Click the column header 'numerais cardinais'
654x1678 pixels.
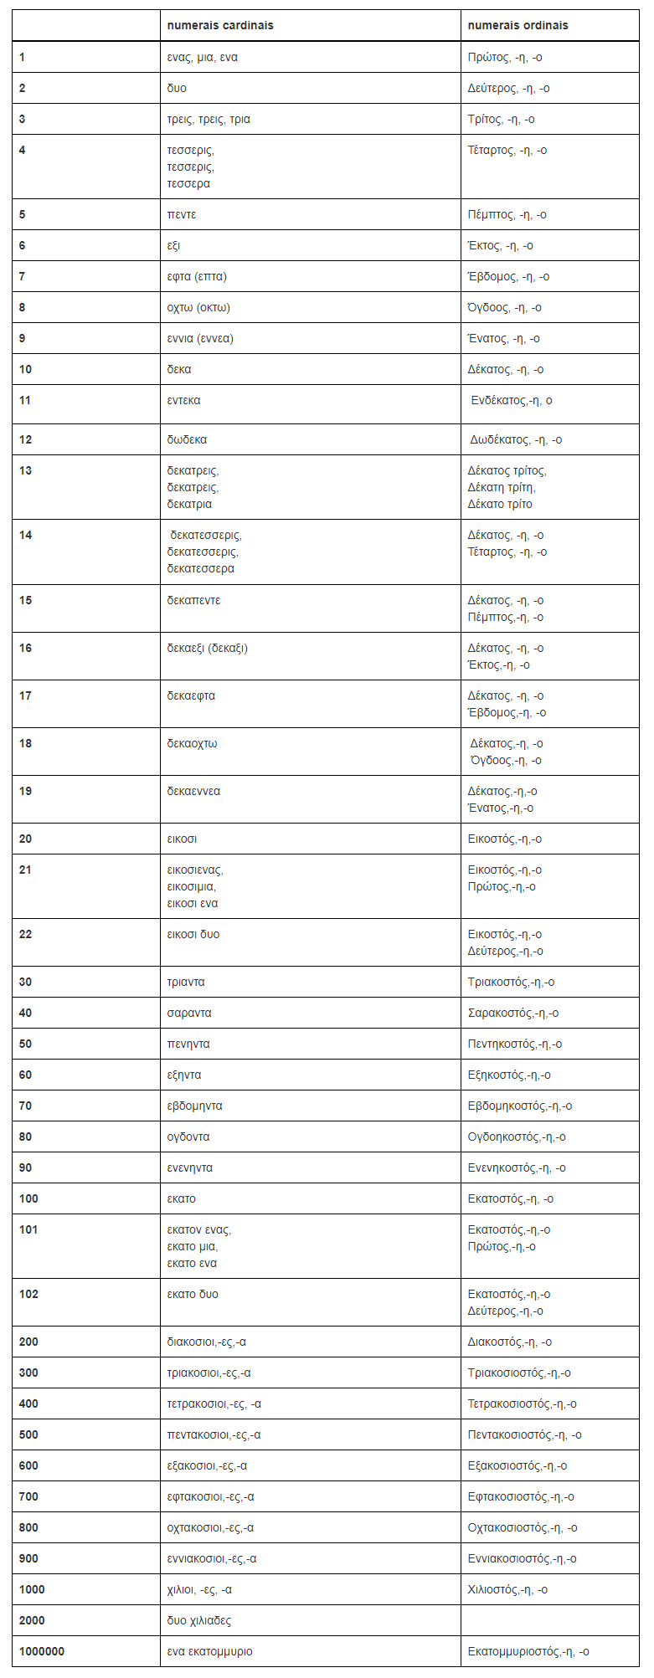pyautogui.click(x=220, y=25)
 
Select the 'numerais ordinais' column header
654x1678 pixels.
pyautogui.click(x=518, y=25)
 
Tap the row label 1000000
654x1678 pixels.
pyautogui.click(x=42, y=1651)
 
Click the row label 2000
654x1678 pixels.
pyautogui.click(x=32, y=1620)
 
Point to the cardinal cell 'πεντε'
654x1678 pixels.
pyautogui.click(x=182, y=214)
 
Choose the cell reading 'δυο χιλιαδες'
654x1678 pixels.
pyautogui.click(x=199, y=1620)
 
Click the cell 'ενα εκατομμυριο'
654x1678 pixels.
pyautogui.click(x=209, y=1651)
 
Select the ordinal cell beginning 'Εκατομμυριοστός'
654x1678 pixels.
pyautogui.click(x=528, y=1651)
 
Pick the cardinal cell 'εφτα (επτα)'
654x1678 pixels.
pyautogui.click(x=197, y=276)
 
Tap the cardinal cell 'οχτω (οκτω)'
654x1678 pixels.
pyautogui.click(x=198, y=307)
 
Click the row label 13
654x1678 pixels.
pyautogui.click(x=26, y=470)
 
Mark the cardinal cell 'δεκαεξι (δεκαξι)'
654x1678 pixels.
pyautogui.click(x=207, y=648)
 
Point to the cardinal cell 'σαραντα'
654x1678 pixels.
pyautogui.click(x=189, y=1013)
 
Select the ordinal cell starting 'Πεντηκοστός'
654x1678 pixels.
pyautogui.click(x=514, y=1044)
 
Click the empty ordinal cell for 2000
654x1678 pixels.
pyautogui.click(x=549, y=1620)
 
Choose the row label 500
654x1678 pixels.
pyautogui.click(x=28, y=1434)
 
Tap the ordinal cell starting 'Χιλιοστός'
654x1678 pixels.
pyautogui.click(x=507, y=1589)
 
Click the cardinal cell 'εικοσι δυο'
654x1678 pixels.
pyautogui.click(x=193, y=934)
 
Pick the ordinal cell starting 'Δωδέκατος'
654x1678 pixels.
pyautogui.click(x=516, y=439)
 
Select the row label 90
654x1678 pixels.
pyautogui.click(x=26, y=1167)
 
